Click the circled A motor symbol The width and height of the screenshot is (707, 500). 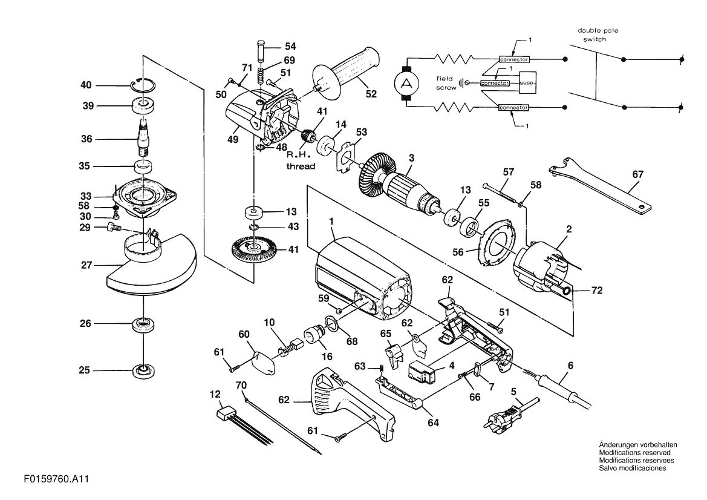[x=407, y=83]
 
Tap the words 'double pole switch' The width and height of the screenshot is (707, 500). [x=598, y=35]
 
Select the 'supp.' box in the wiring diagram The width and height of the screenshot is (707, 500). [x=529, y=82]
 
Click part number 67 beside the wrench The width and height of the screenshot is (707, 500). [x=637, y=174]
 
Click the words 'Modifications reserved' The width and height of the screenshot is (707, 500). [x=634, y=453]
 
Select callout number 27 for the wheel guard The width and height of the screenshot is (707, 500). [x=86, y=265]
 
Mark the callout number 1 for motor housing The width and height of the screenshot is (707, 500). [x=331, y=222]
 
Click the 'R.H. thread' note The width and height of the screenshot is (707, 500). [x=301, y=160]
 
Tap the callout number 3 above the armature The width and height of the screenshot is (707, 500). [x=411, y=158]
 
